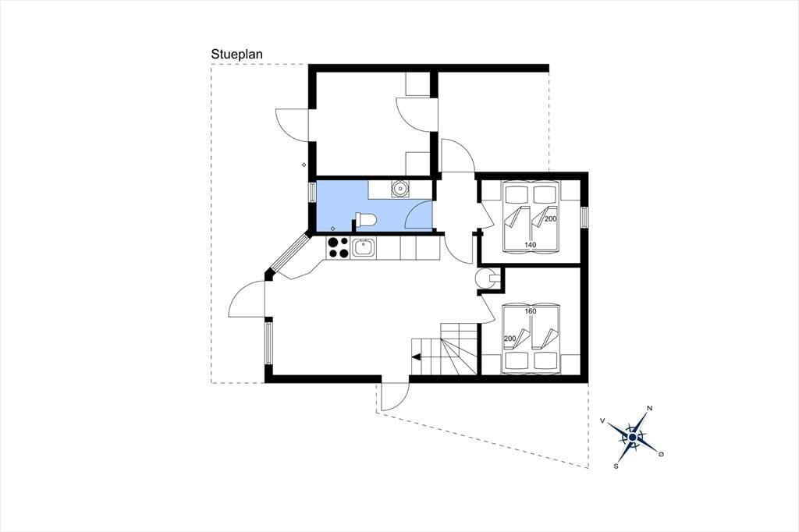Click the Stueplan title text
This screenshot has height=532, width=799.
237,55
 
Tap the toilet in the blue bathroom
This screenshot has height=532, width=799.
365,221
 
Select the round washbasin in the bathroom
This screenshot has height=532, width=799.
400,189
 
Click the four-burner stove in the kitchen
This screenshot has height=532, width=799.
339,247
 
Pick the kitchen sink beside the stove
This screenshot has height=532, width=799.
364,248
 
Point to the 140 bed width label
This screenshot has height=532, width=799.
530,245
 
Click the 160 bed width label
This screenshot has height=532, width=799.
531,311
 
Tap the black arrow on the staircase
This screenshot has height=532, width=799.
417,357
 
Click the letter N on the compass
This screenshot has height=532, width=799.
649,408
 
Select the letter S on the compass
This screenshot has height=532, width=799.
616,466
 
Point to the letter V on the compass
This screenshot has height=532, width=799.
603,420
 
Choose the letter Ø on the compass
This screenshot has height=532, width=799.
662,453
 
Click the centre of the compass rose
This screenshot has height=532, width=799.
632,437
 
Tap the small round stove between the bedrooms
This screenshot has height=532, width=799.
484,278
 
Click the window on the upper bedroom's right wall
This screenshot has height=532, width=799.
584,218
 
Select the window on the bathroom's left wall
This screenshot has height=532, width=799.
312,193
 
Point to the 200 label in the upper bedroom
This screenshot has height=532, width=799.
550,218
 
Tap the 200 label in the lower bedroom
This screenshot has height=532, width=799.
510,339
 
